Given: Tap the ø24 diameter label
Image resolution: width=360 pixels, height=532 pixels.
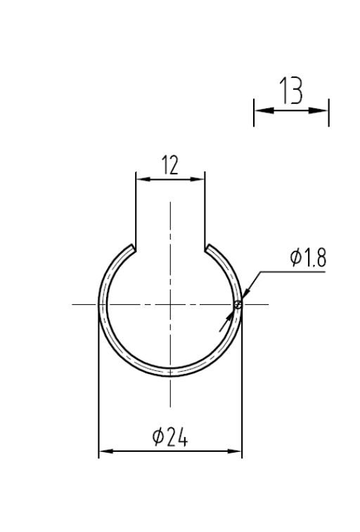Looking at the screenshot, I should click(169, 439).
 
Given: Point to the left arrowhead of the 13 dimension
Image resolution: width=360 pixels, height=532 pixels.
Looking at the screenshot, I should click(258, 110).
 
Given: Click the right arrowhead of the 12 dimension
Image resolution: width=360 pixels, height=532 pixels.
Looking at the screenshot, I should click(201, 179).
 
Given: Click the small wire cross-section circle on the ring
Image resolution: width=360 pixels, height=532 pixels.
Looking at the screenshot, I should click(238, 304).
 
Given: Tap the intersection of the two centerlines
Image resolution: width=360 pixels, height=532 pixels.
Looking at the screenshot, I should click(170, 304).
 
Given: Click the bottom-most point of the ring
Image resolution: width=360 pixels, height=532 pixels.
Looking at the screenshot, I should click(170, 375).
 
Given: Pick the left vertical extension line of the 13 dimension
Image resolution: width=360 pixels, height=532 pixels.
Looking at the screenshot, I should click(254, 112).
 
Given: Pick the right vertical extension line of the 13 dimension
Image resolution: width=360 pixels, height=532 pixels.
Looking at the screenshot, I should click(328, 112).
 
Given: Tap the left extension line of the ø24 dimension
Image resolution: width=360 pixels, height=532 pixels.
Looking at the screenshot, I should click(98, 394).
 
